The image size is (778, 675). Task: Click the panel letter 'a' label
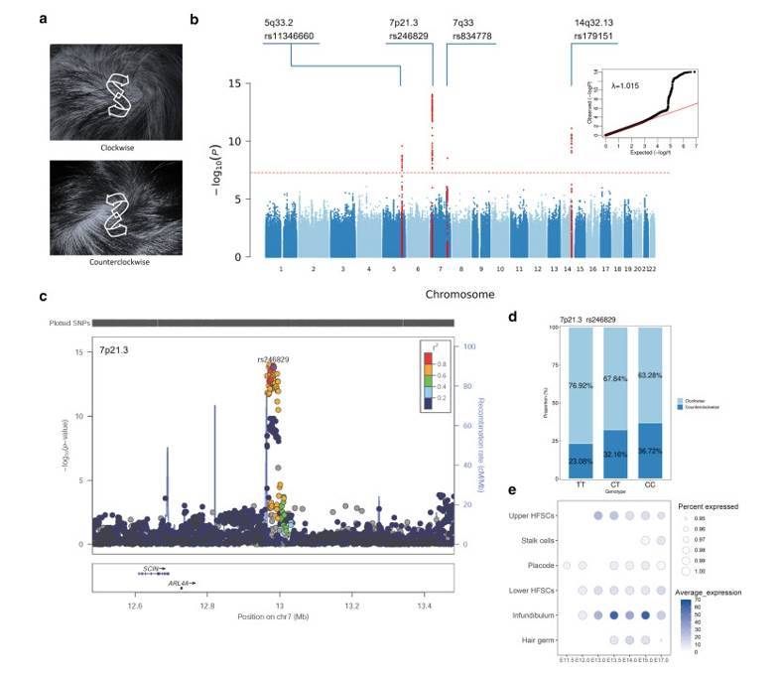click(x=43, y=19)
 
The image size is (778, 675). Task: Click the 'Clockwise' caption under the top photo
click(x=117, y=147)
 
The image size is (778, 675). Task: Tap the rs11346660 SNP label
click(x=290, y=36)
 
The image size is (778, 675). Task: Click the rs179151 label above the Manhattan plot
click(x=592, y=36)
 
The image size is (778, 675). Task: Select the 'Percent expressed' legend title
click(x=707, y=506)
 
